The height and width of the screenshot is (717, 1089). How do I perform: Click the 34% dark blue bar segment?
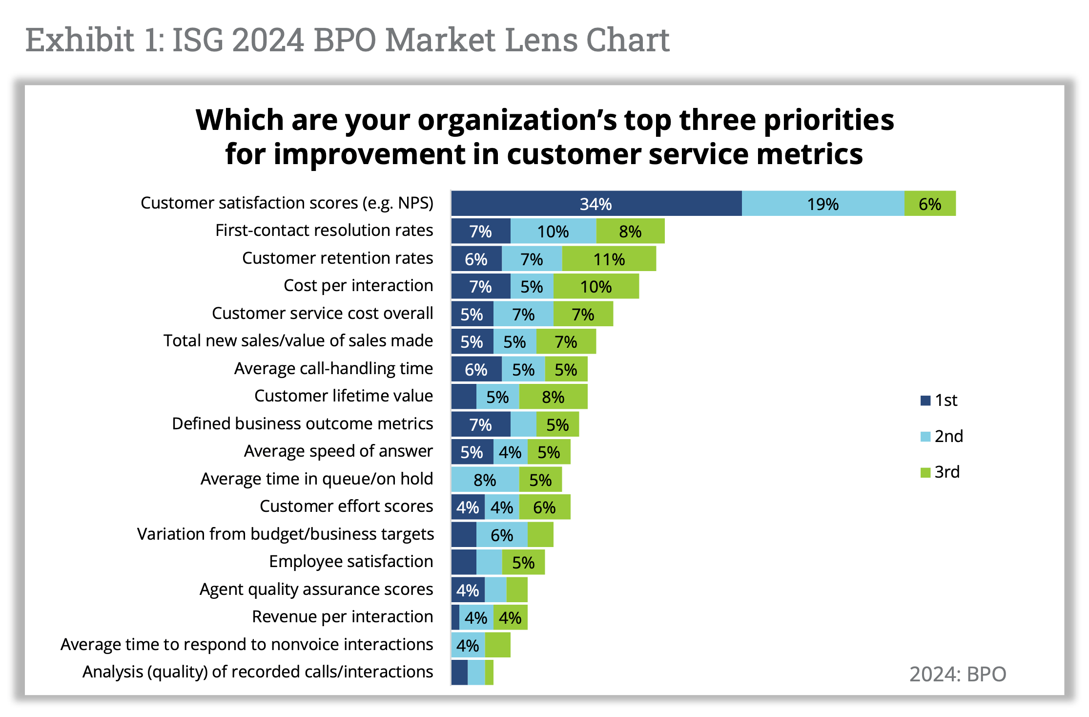(x=596, y=204)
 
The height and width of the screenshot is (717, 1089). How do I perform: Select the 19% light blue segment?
(x=822, y=204)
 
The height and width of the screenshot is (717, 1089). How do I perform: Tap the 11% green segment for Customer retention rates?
(x=609, y=259)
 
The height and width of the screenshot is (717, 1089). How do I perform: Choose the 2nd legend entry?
(x=942, y=436)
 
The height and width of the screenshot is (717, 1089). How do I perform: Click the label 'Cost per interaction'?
(x=358, y=286)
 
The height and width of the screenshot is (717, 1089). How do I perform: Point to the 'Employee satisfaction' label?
(x=350, y=562)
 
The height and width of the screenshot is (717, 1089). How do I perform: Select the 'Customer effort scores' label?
(x=346, y=506)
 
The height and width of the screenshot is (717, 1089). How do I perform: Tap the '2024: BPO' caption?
(x=957, y=674)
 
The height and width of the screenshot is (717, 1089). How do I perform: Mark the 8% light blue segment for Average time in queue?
(x=485, y=480)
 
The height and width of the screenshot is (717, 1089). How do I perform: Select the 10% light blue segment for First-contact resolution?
(x=553, y=231)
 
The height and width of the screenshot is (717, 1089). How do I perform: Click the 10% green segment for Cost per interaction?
(x=596, y=286)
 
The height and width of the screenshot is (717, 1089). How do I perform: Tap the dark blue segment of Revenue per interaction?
(x=455, y=617)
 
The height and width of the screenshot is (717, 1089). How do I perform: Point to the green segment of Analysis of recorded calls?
(x=489, y=673)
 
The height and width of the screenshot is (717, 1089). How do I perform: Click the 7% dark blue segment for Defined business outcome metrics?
(x=480, y=424)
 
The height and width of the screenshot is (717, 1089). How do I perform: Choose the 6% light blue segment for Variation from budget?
(x=502, y=535)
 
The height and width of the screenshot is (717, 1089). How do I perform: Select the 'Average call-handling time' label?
(x=333, y=369)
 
